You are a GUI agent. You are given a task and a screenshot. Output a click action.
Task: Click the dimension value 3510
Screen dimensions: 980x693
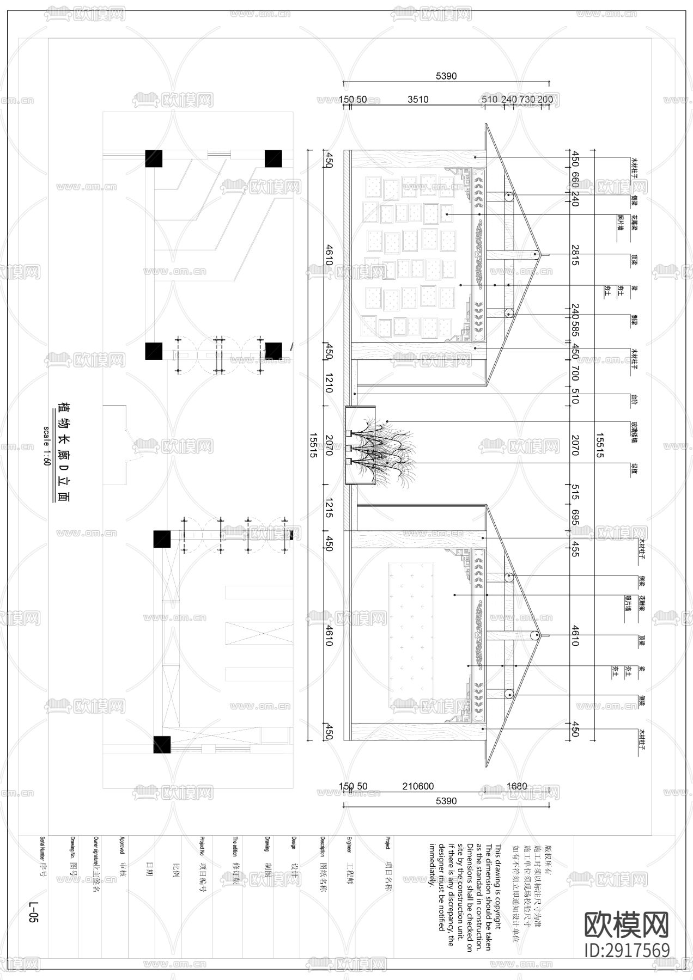tap(418, 100)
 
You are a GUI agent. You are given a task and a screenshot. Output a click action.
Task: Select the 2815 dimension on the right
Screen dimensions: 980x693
tap(575, 255)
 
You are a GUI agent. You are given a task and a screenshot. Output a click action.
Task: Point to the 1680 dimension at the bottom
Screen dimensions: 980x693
tap(516, 786)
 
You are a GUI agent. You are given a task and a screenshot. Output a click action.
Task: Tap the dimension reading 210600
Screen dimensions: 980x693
tap(418, 786)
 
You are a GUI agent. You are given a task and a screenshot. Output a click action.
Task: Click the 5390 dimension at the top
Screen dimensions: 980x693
tap(446, 76)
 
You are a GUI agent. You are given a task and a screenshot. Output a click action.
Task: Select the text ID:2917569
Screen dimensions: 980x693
tap(627, 950)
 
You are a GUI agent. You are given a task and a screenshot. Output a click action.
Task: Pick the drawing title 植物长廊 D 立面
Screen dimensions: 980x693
tap(64, 451)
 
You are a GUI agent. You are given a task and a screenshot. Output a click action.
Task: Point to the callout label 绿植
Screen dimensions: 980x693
tap(635, 468)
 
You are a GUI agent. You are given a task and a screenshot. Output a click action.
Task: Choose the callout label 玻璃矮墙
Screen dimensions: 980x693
tap(635, 430)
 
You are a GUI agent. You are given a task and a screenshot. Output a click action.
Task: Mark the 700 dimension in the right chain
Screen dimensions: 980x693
tap(575, 373)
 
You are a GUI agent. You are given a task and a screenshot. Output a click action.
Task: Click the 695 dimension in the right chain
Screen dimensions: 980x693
tap(575, 517)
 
